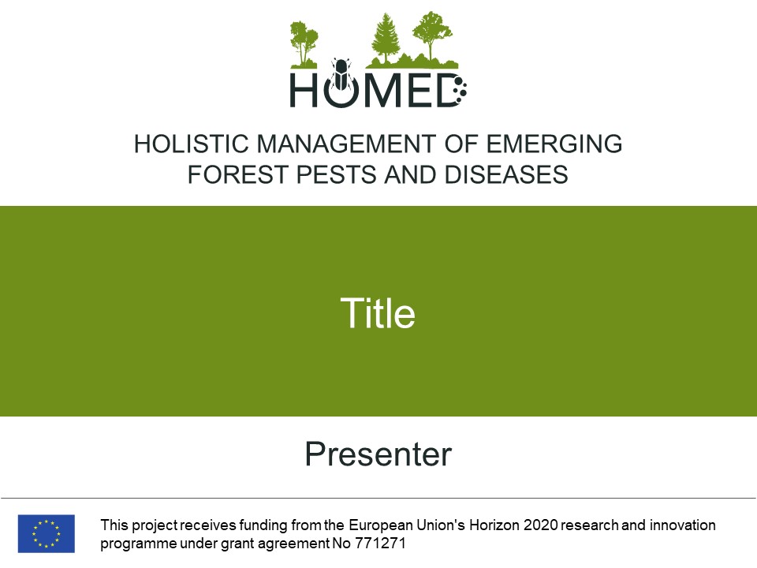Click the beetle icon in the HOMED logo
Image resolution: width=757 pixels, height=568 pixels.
pyautogui.click(x=341, y=74)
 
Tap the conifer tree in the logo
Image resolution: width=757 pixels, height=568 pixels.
pyautogui.click(x=385, y=38)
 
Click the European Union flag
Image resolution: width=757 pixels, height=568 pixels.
pyautogui.click(x=47, y=533)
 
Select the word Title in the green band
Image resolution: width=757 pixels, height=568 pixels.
pyautogui.click(x=378, y=313)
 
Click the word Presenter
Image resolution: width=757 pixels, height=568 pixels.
pyautogui.click(x=378, y=454)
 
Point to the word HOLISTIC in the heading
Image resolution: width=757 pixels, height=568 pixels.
pyautogui.click(x=191, y=144)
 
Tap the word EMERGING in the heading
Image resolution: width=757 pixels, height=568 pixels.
pyautogui.click(x=554, y=144)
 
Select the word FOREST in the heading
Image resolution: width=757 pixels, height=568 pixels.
pyautogui.click(x=238, y=174)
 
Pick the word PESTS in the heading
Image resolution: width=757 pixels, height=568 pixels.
pyautogui.click(x=336, y=174)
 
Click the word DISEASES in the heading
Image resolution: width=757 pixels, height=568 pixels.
pyautogui.click(x=506, y=174)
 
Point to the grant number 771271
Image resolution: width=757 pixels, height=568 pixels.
pyautogui.click(x=380, y=544)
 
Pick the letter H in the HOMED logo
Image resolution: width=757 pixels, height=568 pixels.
pyautogui.click(x=304, y=90)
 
